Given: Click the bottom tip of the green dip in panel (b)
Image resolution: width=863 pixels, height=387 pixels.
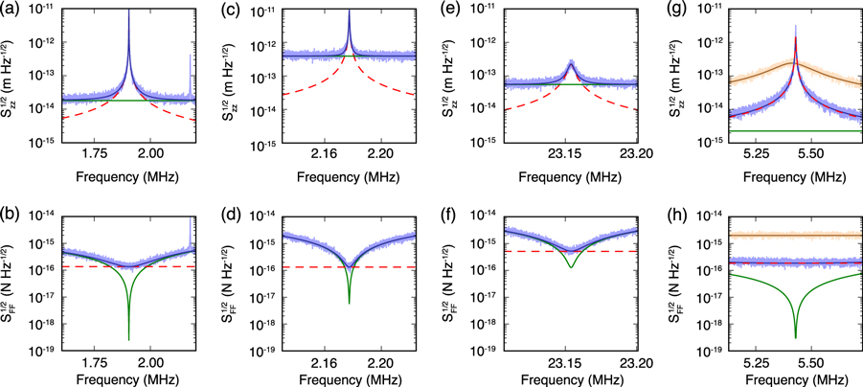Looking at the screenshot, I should click(x=128, y=339).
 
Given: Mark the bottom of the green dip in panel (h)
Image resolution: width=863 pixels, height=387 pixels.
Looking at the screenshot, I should click(x=796, y=337).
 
